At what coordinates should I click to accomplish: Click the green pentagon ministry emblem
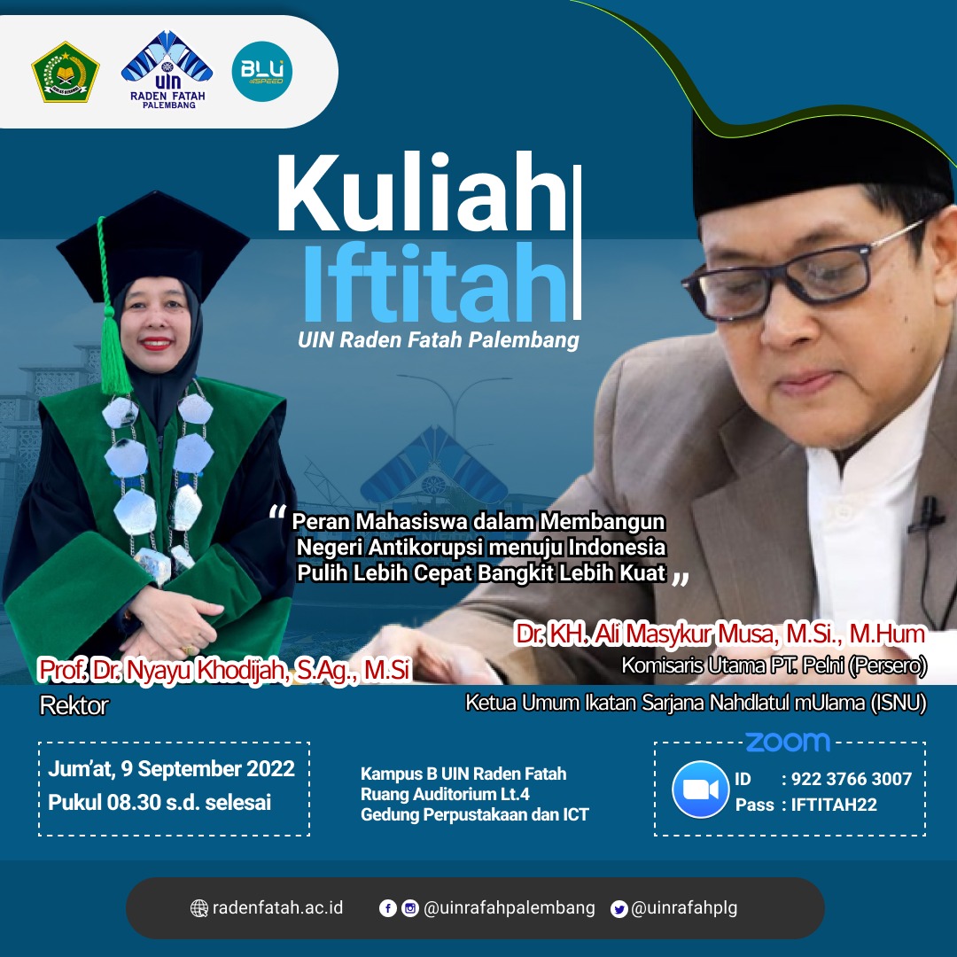[x=66, y=72]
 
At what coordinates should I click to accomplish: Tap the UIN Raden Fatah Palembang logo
[x=167, y=70]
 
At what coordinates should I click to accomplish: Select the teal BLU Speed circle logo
[x=262, y=72]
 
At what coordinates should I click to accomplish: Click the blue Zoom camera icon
[x=701, y=790]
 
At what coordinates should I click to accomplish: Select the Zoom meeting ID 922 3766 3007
[x=852, y=779]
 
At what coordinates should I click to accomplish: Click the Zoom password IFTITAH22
[x=834, y=805]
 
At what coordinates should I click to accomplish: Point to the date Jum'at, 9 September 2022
[x=172, y=768]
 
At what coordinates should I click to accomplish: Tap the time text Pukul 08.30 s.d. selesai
[x=159, y=802]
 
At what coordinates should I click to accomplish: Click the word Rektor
[x=74, y=705]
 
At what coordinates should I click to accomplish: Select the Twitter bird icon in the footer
[x=619, y=909]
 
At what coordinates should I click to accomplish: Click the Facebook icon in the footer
[x=387, y=908]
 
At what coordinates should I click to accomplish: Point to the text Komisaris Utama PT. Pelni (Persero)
[x=774, y=665]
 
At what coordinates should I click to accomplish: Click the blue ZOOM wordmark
[x=788, y=742]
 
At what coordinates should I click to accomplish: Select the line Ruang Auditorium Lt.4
[x=445, y=794]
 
